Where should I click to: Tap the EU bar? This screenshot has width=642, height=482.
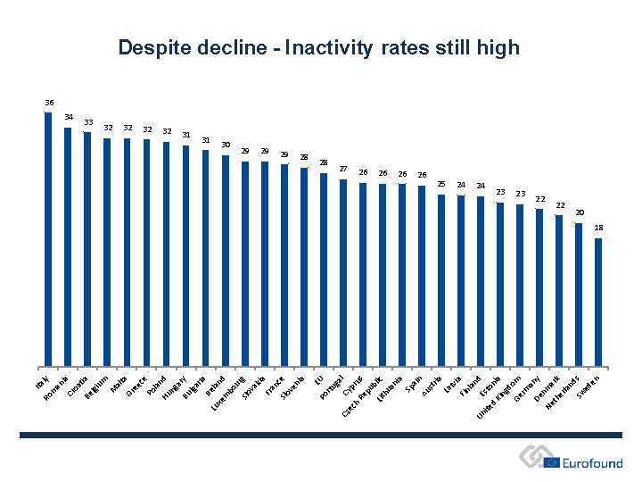[x=324, y=269]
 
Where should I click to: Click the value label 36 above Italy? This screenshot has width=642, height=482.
[x=49, y=103]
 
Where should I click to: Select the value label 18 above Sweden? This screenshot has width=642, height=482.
[x=598, y=229]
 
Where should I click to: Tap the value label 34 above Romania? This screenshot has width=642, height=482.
[x=69, y=117]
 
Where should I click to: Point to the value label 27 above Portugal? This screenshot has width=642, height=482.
[x=343, y=168]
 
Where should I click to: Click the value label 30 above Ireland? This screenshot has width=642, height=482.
[x=226, y=144]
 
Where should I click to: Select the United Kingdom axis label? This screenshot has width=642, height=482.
[x=500, y=397]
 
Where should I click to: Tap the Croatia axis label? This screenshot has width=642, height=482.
[x=79, y=384]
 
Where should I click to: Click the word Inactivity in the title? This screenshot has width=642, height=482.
[x=325, y=47]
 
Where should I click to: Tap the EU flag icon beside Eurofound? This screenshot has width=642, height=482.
[x=551, y=462]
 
